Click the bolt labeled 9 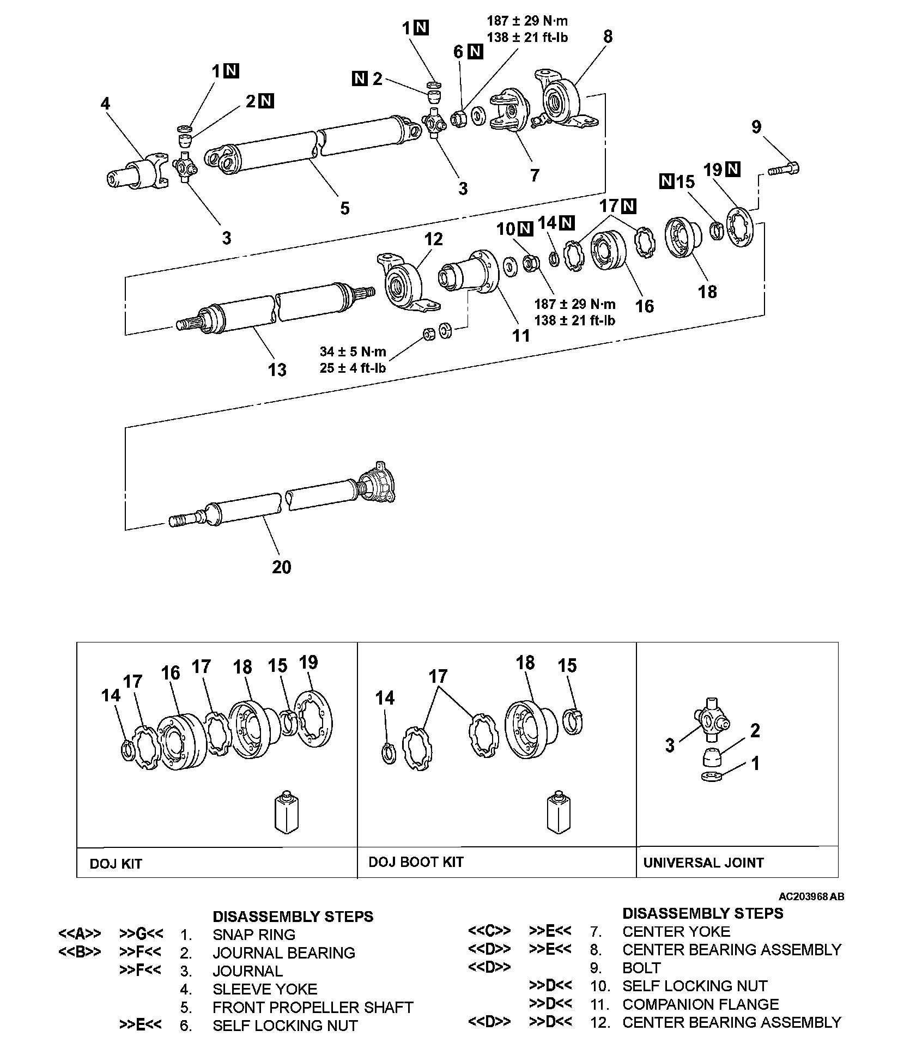(784, 169)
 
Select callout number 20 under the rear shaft (281, 567)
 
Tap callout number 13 (277, 370)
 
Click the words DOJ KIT (116, 864)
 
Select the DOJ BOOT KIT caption (416, 862)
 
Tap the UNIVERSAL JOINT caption (703, 863)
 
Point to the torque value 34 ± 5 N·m (353, 351)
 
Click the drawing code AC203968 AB (811, 896)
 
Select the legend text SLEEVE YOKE (265, 989)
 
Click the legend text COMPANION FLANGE (700, 1004)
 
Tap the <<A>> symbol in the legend (80, 934)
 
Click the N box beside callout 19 (733, 169)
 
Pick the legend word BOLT (641, 968)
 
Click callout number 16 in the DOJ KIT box (171, 672)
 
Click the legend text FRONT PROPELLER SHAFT (313, 1007)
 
